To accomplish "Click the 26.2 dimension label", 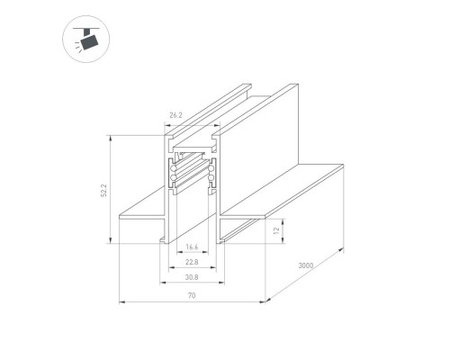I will [175, 115].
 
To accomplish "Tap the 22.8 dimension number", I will [191, 262].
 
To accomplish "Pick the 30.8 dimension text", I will [191, 279].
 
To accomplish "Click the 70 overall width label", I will [192, 296].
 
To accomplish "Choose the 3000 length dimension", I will [306, 266].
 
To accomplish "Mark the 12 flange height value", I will [277, 231].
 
